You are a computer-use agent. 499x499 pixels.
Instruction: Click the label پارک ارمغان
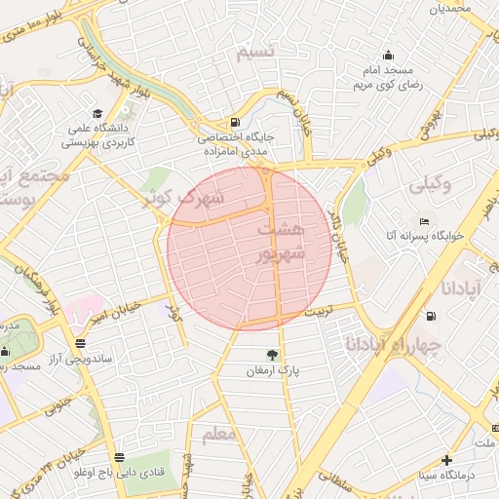click(272, 371)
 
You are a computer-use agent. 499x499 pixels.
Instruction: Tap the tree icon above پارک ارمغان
click(272, 355)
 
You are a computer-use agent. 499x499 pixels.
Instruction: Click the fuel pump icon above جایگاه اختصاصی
click(235, 123)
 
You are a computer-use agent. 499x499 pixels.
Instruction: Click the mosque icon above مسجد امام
click(389, 55)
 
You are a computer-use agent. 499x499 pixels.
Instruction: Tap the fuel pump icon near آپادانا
click(431, 316)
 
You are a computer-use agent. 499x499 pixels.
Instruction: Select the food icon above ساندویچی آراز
click(79, 343)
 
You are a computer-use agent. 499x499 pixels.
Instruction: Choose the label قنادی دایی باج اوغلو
click(118, 474)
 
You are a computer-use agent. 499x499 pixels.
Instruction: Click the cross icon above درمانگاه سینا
click(446, 460)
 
